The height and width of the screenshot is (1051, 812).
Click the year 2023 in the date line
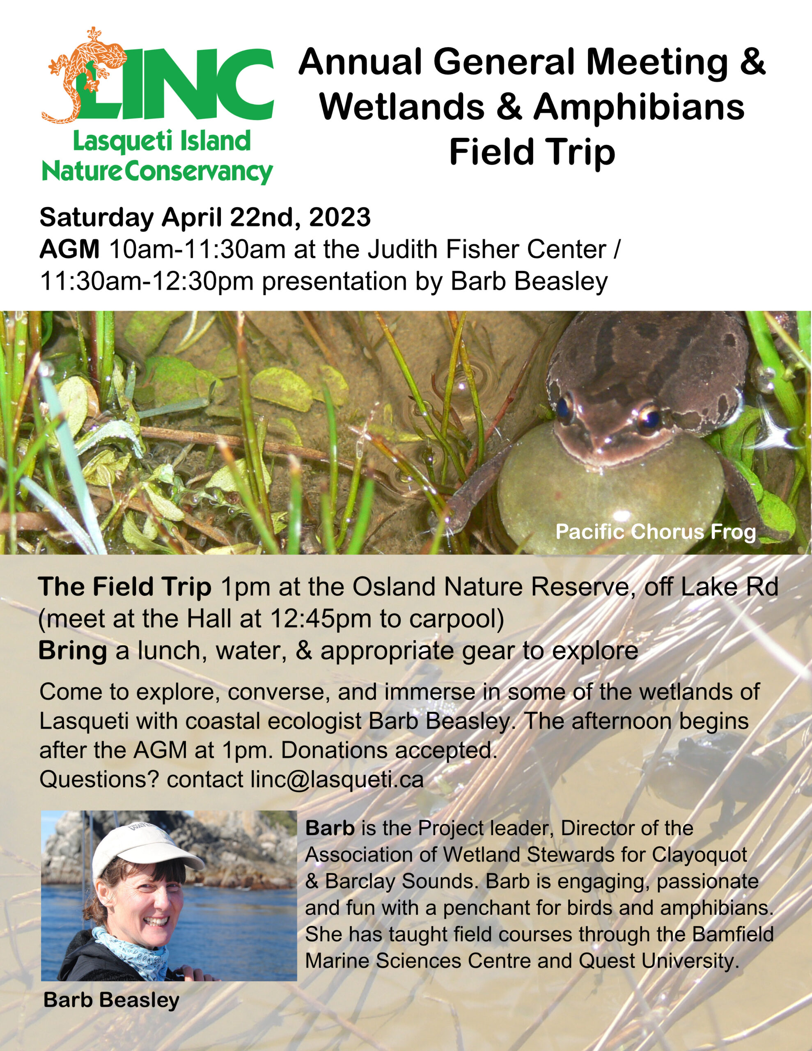click(x=340, y=217)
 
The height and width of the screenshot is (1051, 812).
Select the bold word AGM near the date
click(x=69, y=249)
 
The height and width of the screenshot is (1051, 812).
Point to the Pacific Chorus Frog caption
click(x=656, y=532)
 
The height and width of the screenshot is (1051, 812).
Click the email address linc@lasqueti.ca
click(x=337, y=780)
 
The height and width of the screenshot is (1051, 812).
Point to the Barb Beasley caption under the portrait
click(x=111, y=1000)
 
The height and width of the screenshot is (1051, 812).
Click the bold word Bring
click(x=72, y=651)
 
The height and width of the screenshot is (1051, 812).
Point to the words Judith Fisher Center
click(x=487, y=249)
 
